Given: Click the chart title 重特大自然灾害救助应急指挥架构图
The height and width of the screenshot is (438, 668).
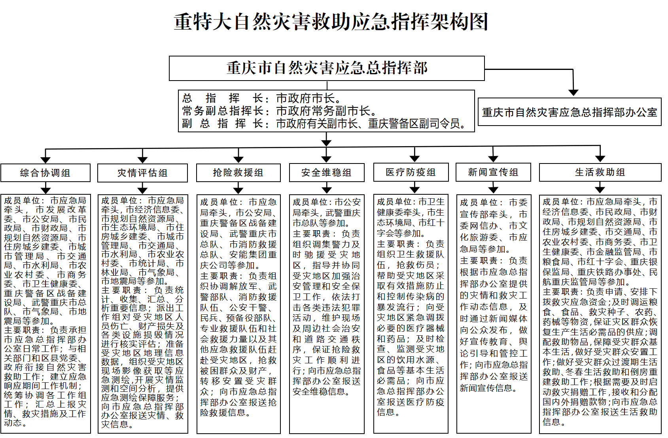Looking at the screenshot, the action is [x=331, y=21].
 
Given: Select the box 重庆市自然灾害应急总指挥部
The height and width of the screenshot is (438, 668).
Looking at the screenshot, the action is [x=327, y=68].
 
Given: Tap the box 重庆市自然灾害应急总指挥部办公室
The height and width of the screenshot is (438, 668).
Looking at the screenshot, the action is [x=569, y=112].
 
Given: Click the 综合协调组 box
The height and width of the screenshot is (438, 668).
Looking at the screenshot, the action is [x=45, y=173].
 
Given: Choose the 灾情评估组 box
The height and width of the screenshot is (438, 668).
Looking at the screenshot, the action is [x=142, y=173].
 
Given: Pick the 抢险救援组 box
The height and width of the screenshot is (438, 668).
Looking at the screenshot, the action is [x=238, y=173].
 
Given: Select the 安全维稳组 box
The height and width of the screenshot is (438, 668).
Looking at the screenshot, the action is [x=327, y=173].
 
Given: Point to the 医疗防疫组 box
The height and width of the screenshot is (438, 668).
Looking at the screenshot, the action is [x=411, y=172].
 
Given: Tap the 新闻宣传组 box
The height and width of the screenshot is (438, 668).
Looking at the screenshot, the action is [x=493, y=172].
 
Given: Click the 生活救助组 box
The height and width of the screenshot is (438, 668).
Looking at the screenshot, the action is [x=600, y=172].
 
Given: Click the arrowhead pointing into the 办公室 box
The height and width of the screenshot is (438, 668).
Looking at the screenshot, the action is [x=573, y=92].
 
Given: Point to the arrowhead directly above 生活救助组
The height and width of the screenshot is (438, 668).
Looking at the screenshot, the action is [x=600, y=159].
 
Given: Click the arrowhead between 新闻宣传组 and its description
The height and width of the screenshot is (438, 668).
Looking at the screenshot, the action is [x=493, y=189].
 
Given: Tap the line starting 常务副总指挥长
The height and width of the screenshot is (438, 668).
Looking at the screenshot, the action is [x=280, y=111].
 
